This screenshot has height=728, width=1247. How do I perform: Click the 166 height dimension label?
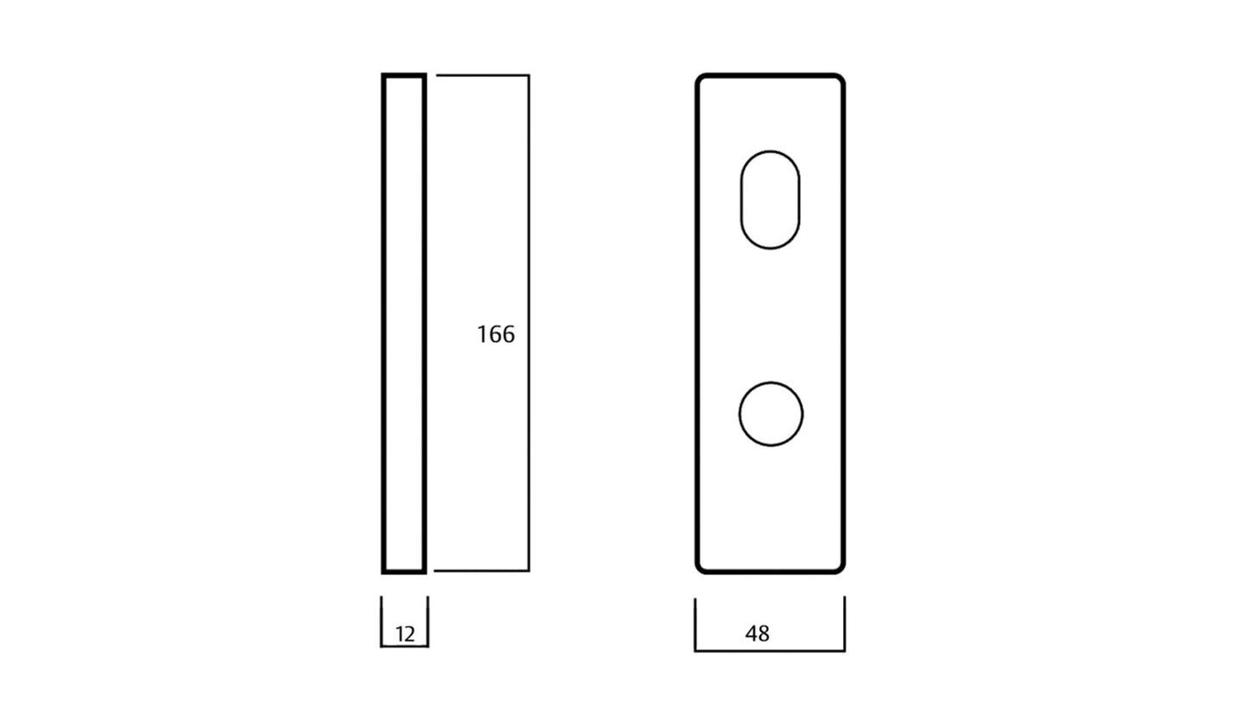pos(495,334)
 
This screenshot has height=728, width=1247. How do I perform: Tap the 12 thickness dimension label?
pos(405,635)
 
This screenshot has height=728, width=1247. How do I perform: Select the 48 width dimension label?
pos(757,634)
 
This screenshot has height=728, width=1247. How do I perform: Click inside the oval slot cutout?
pos(770,200)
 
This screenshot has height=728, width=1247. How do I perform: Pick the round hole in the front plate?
pos(771,415)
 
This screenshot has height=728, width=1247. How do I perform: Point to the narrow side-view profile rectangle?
pos(404,323)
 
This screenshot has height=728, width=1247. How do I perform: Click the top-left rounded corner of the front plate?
pos(701,79)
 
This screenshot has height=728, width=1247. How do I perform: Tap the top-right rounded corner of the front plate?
pos(839,79)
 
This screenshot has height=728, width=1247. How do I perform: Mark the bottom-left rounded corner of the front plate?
pos(701,567)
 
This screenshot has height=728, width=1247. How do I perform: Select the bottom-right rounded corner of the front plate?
pos(839,567)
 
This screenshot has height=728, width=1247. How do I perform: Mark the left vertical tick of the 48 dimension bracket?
pos(695,624)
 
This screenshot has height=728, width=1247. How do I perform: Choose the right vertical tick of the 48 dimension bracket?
pos(844,624)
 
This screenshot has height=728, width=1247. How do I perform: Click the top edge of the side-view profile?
pos(404,75)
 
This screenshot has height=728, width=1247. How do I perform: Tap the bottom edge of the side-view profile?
pos(404,571)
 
